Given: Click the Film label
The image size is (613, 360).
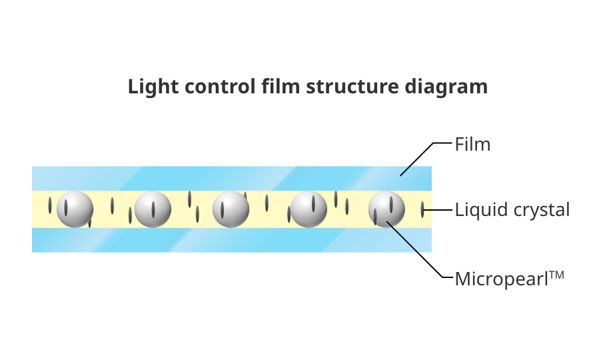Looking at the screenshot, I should coord(472,144).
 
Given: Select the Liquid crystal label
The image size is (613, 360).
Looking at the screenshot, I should coord(512,210).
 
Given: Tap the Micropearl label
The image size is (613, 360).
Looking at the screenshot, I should coord(500,278).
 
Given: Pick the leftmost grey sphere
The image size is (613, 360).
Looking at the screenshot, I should coord(75,209).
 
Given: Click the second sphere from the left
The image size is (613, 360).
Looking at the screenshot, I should coord(153,209).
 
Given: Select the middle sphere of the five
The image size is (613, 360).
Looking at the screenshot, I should coord(231,209).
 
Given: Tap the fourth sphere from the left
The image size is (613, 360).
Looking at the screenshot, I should coord(308,209).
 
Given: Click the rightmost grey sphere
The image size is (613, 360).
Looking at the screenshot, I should coord(386,209).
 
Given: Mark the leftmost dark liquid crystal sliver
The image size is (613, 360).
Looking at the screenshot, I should coord(50,206).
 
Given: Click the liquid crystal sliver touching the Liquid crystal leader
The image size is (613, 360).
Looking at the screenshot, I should coord(422,211).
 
